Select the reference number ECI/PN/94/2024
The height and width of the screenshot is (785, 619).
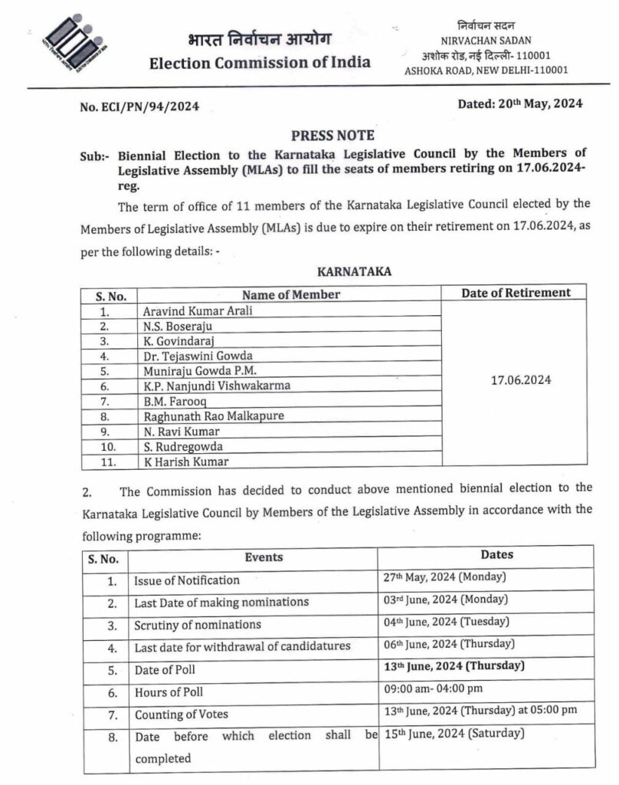139,107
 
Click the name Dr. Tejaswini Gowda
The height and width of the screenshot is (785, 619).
198,356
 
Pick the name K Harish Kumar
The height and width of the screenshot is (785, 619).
186,461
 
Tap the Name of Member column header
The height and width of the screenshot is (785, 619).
291,294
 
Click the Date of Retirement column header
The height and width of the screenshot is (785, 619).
516,292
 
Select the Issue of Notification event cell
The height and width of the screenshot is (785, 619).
187,580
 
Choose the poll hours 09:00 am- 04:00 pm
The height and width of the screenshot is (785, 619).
434,689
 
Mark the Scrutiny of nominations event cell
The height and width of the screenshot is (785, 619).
198,624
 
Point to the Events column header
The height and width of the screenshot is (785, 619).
264,557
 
